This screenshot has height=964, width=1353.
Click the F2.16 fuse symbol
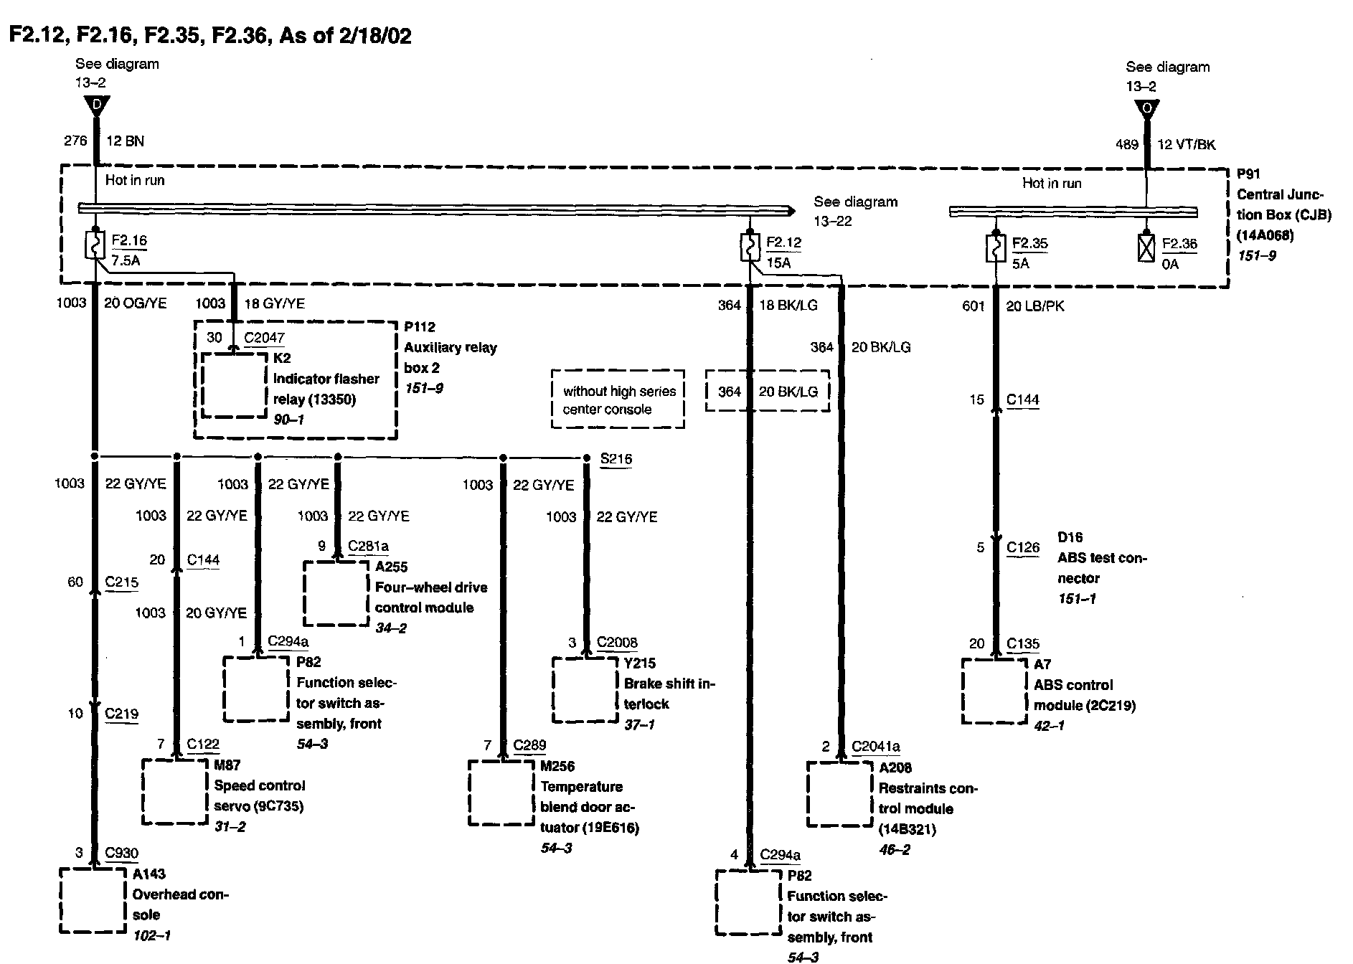click(x=95, y=245)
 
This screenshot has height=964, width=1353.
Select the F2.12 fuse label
click(x=783, y=242)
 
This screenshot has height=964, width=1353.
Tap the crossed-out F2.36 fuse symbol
click(x=1146, y=248)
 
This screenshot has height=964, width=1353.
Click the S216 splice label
click(x=616, y=459)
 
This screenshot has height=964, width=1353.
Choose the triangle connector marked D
click(x=95, y=105)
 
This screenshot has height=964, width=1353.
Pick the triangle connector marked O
click(x=1146, y=109)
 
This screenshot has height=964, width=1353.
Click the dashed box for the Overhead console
click(x=92, y=900)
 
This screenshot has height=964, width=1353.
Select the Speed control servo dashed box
click(x=175, y=791)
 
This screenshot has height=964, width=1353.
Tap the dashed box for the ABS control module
click(x=994, y=691)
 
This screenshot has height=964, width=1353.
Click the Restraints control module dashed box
click(x=840, y=794)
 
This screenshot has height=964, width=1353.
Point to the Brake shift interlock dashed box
click(x=585, y=690)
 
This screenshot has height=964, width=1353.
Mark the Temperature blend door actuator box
click(x=501, y=793)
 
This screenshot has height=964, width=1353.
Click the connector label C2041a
click(x=875, y=747)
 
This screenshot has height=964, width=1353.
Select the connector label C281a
click(x=368, y=547)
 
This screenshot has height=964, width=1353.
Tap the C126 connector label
click(x=1022, y=548)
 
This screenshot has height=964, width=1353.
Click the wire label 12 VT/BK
click(x=1187, y=144)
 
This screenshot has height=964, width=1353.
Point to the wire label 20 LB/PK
click(x=1035, y=306)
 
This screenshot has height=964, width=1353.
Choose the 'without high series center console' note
click(x=618, y=400)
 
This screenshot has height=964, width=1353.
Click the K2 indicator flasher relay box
click(x=234, y=385)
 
